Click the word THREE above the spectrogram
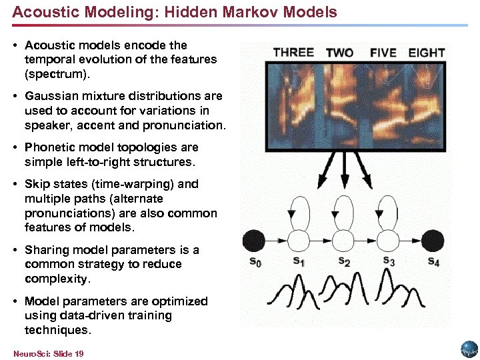click(293, 52)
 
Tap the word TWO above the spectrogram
click(340, 53)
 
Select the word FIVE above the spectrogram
click(383, 53)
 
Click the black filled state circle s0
click(254, 239)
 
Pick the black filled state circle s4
click(433, 239)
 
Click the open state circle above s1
click(299, 239)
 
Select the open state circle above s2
click(343, 239)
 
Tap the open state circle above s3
click(388, 239)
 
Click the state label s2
click(344, 261)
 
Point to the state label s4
click(433, 261)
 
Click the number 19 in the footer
click(79, 353)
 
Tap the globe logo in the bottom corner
click(468, 349)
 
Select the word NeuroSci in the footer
click(27, 353)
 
